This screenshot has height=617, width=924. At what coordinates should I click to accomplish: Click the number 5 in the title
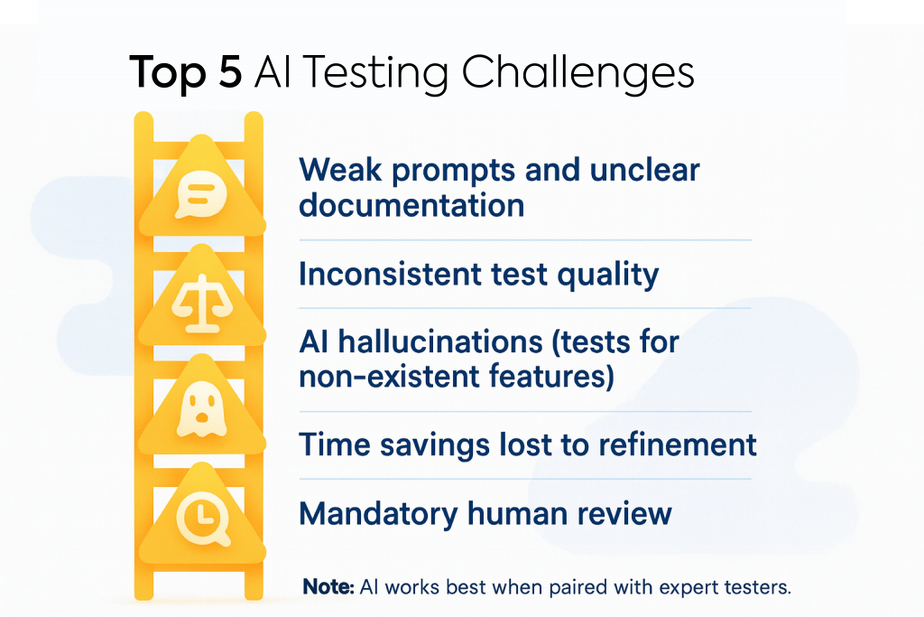tap(230, 72)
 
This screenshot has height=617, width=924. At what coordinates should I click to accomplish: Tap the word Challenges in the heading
tap(577, 73)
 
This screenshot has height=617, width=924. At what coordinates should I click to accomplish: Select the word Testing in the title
tap(376, 74)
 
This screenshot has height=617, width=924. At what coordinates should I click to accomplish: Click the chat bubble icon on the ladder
tap(201, 194)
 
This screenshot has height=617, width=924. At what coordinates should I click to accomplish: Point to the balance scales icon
tap(202, 304)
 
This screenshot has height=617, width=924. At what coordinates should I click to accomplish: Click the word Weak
tap(340, 170)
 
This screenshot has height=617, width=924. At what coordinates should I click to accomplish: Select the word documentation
tap(411, 205)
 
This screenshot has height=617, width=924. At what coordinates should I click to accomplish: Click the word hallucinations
tap(440, 342)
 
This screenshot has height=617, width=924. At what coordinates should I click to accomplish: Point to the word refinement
tap(678, 444)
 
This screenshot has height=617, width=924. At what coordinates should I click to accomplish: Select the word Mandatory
tap(378, 514)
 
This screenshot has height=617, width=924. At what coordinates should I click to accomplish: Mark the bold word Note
tap(328, 587)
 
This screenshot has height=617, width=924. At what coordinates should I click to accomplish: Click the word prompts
tap(454, 171)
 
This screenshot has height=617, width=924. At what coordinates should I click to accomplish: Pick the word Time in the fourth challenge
tap(335, 444)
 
